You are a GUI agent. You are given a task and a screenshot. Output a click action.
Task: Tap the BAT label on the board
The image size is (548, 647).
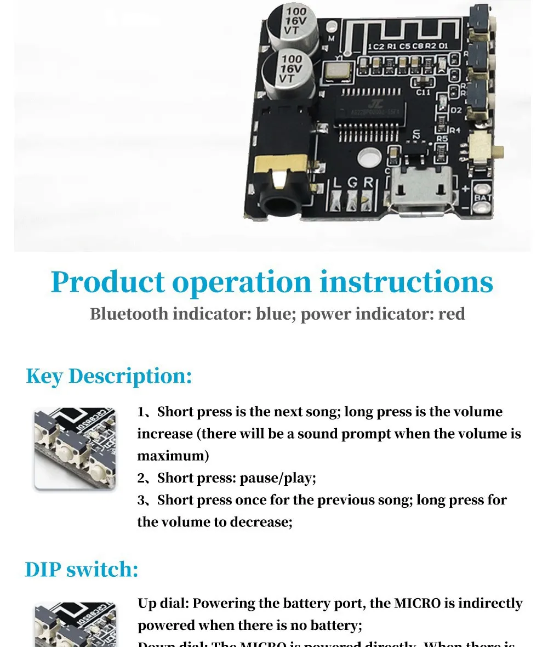482,198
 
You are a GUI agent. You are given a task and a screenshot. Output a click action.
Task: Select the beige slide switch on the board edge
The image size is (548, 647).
481,148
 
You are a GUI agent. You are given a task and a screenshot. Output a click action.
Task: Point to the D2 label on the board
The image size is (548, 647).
456,110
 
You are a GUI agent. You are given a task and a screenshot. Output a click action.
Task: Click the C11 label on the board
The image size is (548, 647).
423,92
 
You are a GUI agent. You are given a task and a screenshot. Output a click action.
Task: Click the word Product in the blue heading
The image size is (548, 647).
107,282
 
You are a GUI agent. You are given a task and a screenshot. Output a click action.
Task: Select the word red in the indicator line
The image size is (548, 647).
452,314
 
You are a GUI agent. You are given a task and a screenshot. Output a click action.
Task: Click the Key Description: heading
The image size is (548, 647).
109,376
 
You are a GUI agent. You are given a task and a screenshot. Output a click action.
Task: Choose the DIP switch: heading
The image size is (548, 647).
82,570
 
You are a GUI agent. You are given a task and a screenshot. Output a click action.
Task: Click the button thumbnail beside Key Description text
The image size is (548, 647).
75,449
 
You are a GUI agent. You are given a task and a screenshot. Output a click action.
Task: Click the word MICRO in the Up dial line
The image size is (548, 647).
417,604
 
